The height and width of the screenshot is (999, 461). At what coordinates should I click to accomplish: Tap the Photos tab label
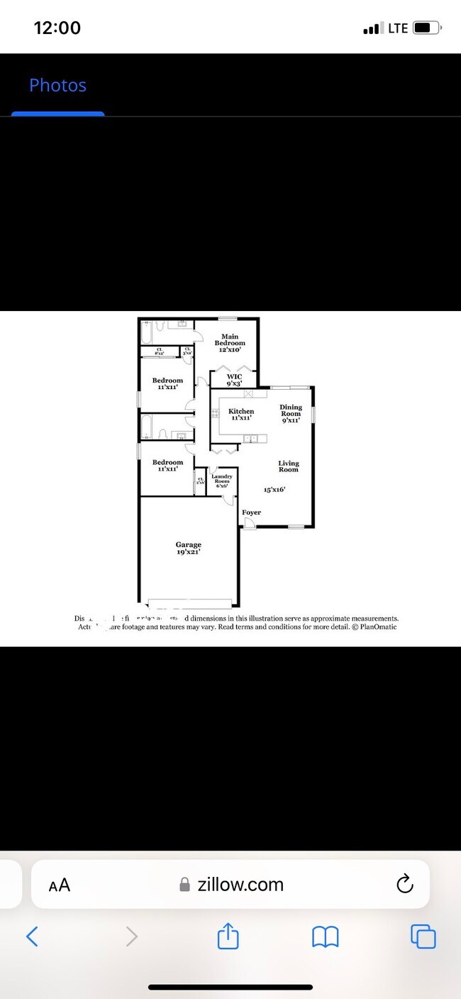coord(57,85)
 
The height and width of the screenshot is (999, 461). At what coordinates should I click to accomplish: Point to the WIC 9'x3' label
coord(234,380)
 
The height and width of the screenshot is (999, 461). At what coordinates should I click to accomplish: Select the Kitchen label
coord(240,414)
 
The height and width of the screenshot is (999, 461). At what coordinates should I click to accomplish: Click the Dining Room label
coord(291,413)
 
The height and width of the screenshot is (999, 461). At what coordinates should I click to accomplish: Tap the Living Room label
coord(288,466)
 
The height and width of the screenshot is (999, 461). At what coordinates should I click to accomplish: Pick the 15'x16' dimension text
coord(274,489)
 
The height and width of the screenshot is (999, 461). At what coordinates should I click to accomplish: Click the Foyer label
coord(251,512)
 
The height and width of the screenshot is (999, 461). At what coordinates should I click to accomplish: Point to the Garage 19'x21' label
coord(189,547)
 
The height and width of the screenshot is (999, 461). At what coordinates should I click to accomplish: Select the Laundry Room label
coord(221,481)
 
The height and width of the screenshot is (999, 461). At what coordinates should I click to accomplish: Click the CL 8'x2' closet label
coord(160,351)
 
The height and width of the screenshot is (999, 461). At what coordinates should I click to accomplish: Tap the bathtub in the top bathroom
coord(147,332)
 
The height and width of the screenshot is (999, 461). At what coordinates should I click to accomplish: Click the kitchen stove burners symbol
coord(215,413)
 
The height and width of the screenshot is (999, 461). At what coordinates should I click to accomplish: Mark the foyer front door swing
coord(249,523)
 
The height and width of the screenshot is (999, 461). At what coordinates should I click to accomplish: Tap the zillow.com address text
coord(240,885)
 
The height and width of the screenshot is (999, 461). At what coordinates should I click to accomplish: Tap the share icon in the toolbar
coord(228,937)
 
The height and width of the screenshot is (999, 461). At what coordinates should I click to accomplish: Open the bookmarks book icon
coord(326,937)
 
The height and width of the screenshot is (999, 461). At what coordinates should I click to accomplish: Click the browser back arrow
coord(33,937)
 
